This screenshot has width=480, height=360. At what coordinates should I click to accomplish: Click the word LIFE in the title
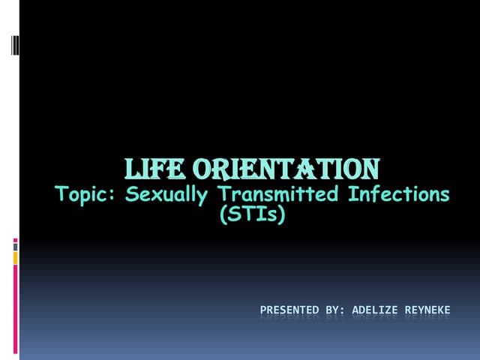point(153,167)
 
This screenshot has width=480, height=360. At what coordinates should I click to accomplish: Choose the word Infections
point(398,195)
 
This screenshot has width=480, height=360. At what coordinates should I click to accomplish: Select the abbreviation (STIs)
point(253,216)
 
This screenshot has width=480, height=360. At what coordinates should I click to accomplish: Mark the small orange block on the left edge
point(16,257)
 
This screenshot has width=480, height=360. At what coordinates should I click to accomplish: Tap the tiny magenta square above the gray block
point(16,240)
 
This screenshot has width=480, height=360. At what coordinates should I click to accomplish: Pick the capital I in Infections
point(351,195)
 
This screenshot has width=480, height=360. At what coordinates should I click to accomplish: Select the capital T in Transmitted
point(224,195)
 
